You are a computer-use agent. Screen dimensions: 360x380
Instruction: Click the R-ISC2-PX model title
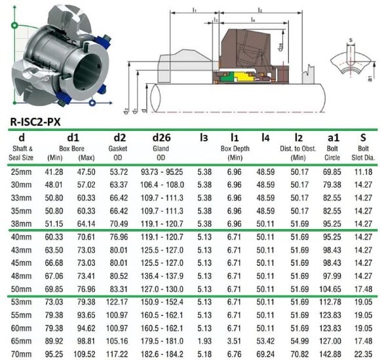point(41,121)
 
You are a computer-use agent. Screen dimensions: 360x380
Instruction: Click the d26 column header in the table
point(161,137)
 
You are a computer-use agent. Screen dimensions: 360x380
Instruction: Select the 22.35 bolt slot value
point(362,353)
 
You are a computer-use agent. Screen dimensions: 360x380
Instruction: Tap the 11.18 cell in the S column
point(362,171)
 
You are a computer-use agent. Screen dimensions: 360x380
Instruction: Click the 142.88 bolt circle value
point(332,353)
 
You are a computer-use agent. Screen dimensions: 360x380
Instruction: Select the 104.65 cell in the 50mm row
point(332,289)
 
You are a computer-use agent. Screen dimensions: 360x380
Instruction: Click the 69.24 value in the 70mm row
point(265,353)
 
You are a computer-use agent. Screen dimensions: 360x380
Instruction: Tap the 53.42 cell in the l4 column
point(265,340)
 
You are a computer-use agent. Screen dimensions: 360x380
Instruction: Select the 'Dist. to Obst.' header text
point(298,149)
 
